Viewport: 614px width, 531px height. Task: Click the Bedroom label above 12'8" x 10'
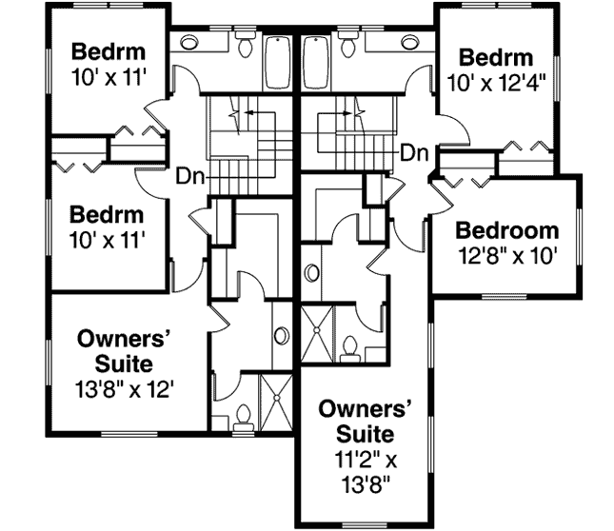coord(505,231)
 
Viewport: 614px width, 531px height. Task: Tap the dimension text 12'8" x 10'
coord(505,255)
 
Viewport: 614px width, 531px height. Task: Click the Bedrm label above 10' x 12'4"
coord(493,56)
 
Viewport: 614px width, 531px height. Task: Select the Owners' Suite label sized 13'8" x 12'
coord(125,350)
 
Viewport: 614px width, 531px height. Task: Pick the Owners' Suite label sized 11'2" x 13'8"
coord(368,421)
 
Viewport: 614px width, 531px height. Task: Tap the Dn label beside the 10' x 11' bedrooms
coord(188,176)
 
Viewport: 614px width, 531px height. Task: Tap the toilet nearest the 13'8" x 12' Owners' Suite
coord(244,416)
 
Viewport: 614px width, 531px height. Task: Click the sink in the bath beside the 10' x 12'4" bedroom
coord(410,42)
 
